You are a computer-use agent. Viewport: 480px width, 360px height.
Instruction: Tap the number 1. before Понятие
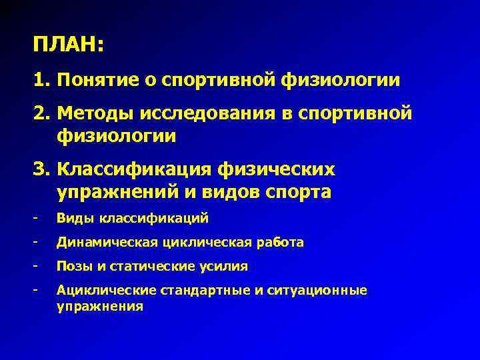(x=42, y=81)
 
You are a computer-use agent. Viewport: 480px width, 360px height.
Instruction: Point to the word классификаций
(x=154, y=218)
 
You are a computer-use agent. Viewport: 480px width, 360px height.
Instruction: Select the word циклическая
(x=199, y=242)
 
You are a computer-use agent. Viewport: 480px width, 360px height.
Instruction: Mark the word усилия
(x=225, y=267)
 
